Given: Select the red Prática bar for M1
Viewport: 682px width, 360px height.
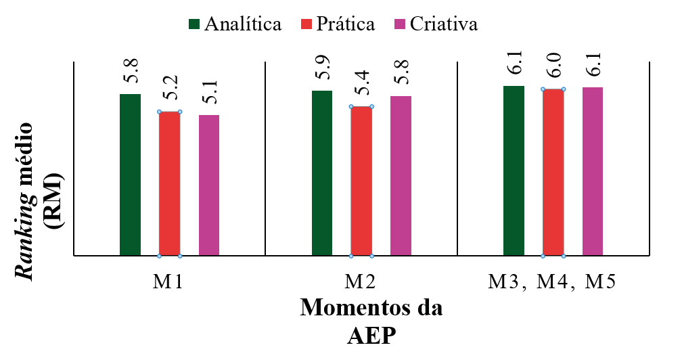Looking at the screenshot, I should (x=169, y=183).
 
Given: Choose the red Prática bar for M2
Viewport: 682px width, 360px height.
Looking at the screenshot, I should (x=361, y=181).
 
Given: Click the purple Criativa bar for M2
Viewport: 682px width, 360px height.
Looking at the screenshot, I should (x=400, y=175).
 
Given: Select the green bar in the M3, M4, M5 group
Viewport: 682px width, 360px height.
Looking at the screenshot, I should (x=514, y=171).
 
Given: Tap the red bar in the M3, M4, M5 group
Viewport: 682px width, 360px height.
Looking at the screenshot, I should (x=553, y=172).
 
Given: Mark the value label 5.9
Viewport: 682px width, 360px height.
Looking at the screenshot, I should (x=322, y=70).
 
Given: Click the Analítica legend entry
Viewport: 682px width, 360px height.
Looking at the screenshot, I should (x=235, y=24).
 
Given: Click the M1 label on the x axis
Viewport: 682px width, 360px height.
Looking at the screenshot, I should (x=168, y=281).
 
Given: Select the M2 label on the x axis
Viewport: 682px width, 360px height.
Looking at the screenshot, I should (x=361, y=281).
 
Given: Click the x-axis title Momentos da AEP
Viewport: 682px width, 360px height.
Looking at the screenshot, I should (x=371, y=321).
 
